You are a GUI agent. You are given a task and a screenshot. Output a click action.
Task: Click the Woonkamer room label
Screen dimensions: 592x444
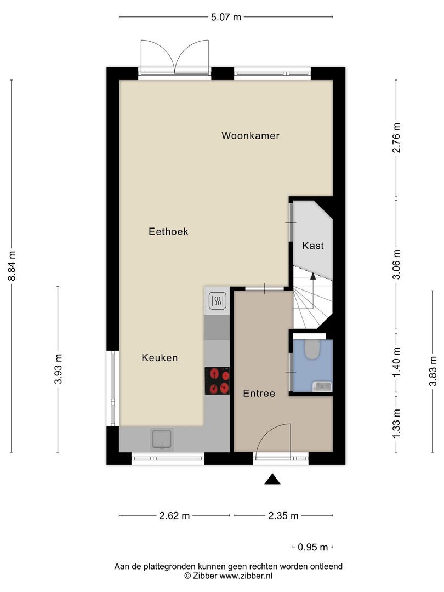point(251,135)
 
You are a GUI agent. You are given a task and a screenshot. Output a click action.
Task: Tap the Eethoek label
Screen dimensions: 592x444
point(168,232)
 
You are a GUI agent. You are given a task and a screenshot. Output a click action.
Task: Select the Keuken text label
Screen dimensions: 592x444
point(160,358)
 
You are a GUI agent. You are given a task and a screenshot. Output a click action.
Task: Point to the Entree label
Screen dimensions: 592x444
point(259,393)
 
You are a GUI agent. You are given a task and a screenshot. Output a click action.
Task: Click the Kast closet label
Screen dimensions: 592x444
point(313,246)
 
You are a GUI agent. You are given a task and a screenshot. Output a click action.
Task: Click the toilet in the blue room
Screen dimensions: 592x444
point(312,349)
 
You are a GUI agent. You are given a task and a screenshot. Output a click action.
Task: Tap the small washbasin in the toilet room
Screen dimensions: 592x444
point(322,386)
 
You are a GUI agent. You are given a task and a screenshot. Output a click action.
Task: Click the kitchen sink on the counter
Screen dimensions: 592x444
point(162,439)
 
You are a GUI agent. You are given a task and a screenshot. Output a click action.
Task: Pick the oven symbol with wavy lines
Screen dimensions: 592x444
point(217,301)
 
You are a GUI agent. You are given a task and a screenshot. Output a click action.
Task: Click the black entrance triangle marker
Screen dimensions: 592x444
point(272,480)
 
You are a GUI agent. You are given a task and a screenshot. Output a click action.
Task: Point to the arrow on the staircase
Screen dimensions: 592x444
point(313,277)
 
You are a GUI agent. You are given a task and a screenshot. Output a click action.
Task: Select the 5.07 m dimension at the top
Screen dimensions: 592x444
point(226,17)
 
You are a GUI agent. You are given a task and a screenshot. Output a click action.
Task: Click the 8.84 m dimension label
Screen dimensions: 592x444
point(12,266)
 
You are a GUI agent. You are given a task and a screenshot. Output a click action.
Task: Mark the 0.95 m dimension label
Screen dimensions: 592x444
point(313,547)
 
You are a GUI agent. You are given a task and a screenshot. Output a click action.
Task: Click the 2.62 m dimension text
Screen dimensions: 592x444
point(174,515)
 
